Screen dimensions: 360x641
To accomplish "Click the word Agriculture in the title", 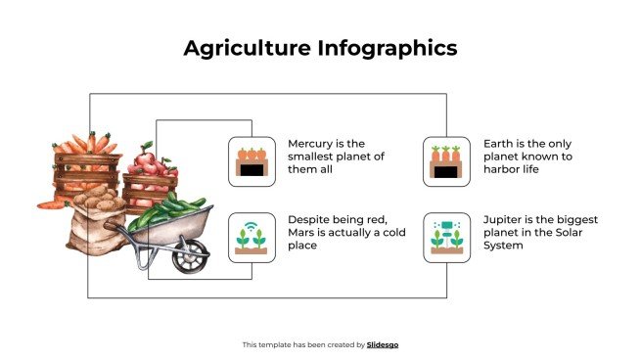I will point(242,48).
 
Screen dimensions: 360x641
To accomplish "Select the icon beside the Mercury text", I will point(252,161).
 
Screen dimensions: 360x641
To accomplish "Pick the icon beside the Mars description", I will point(252,238).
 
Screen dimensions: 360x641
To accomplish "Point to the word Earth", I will point(500,143).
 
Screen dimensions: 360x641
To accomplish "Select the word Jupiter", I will point(505,219).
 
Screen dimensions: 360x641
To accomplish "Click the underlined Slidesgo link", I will point(383,344).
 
